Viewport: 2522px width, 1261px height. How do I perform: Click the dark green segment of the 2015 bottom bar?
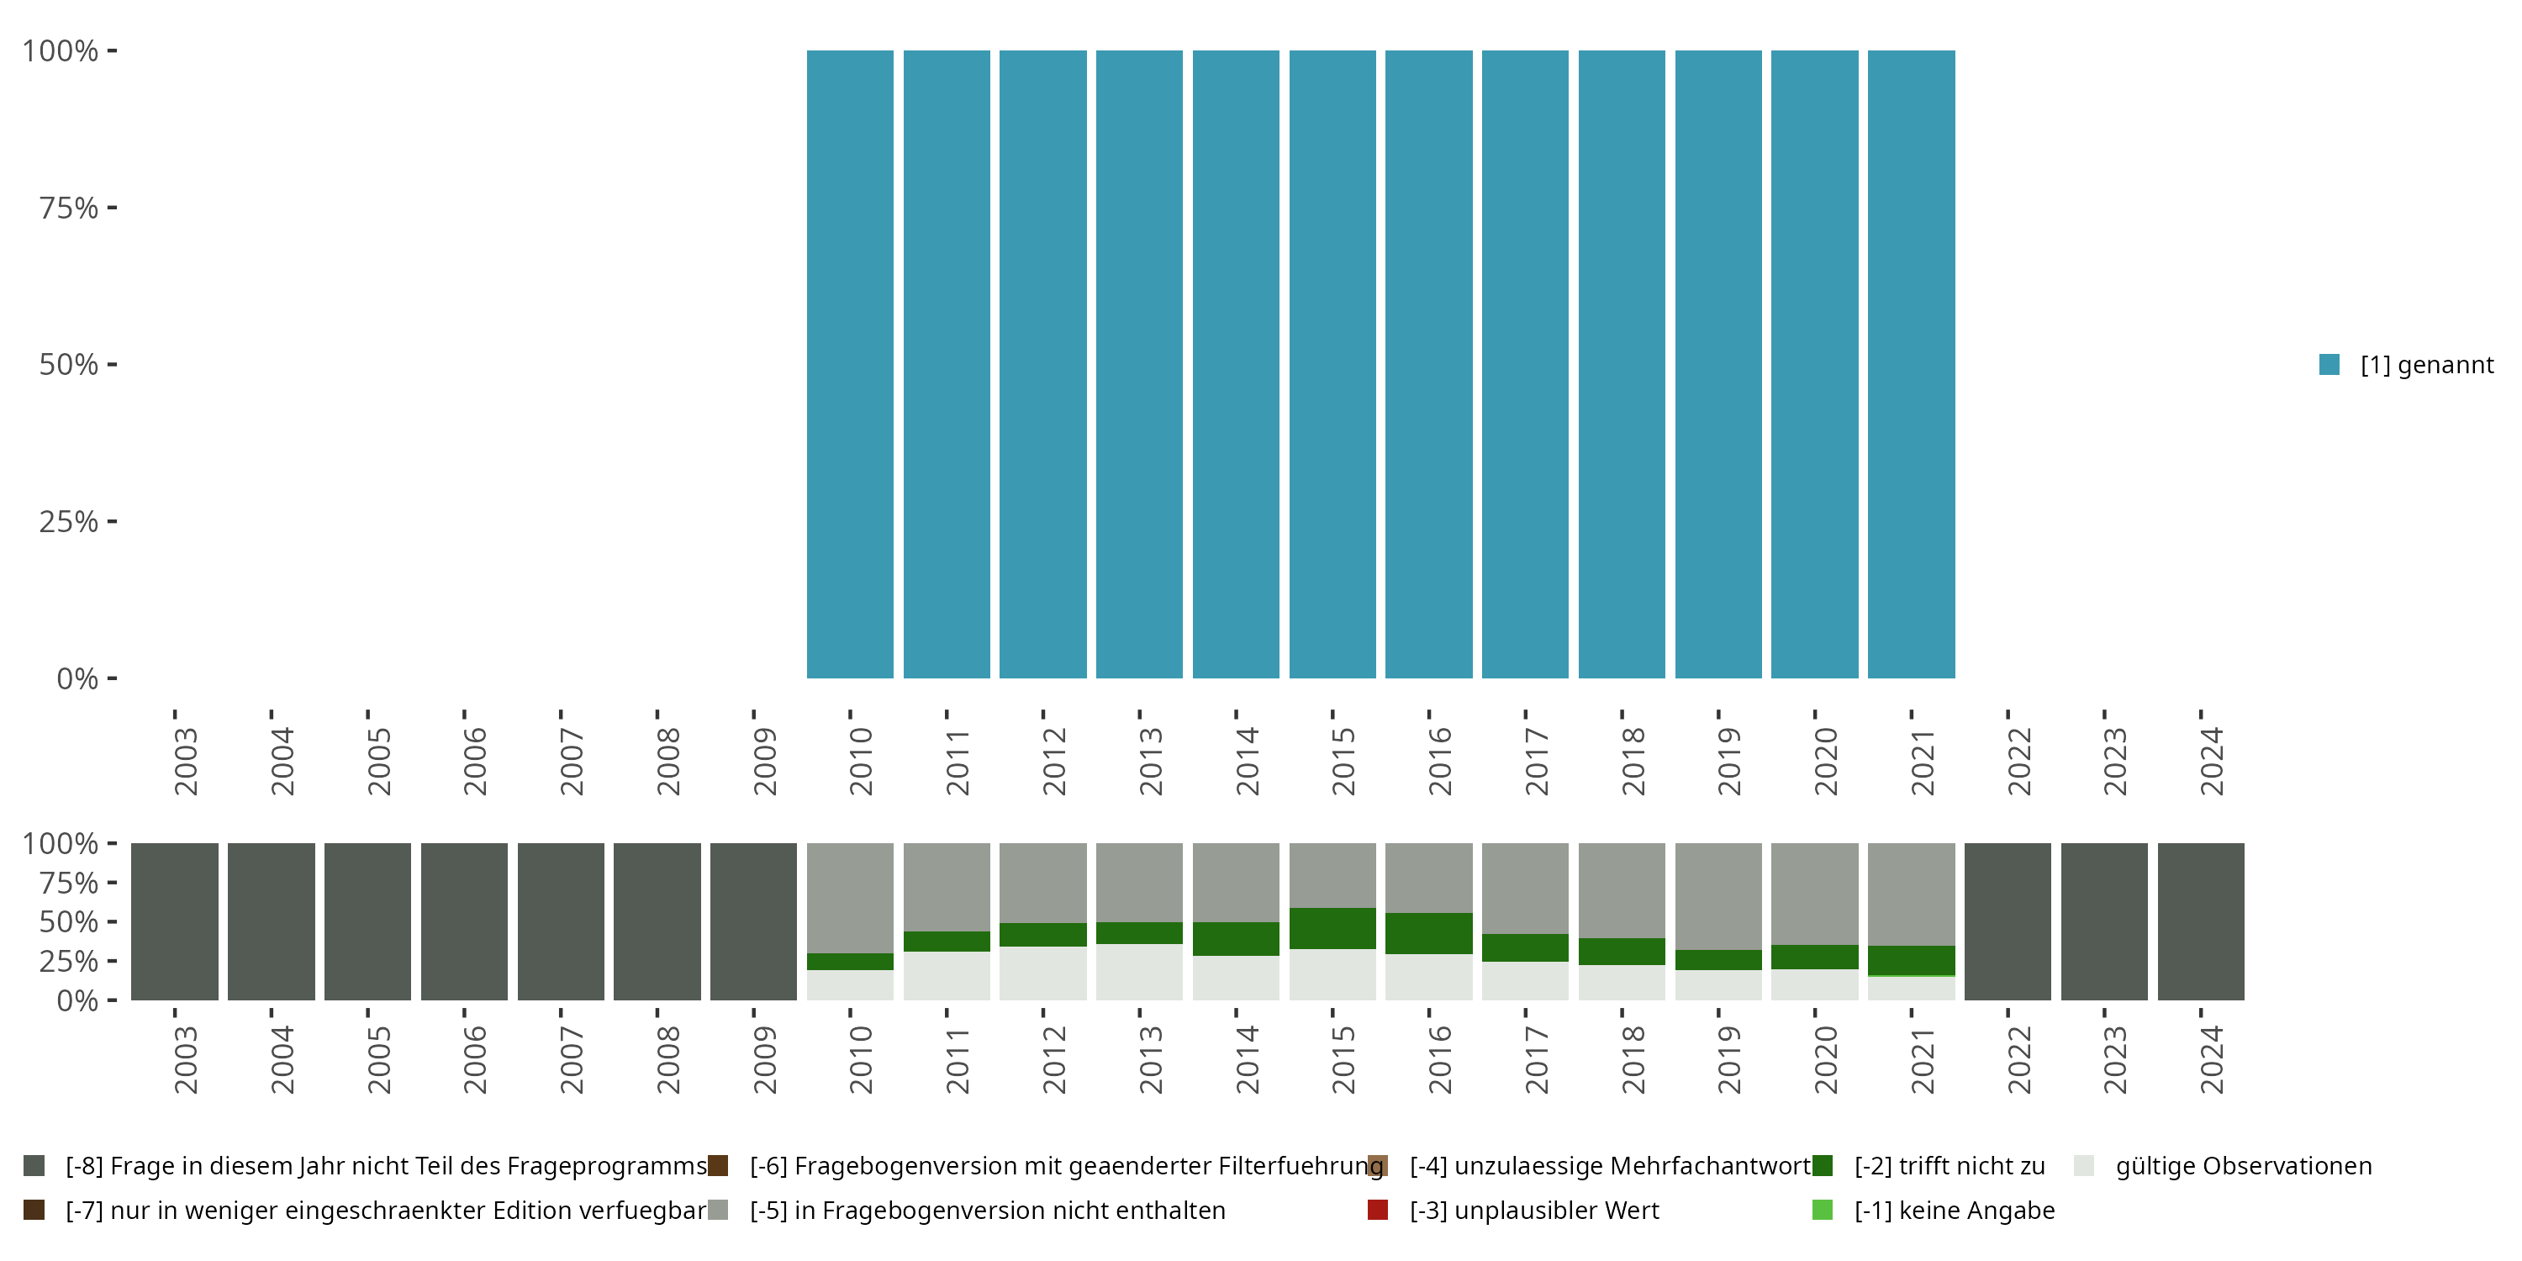(1332, 928)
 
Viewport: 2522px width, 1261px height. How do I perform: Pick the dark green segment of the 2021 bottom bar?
(1911, 959)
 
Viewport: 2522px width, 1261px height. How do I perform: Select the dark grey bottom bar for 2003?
(174, 921)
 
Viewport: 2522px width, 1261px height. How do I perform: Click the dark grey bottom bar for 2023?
(2104, 921)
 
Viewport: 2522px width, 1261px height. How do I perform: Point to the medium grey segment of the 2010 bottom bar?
(850, 897)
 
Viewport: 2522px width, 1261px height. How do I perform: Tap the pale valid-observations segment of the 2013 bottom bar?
(1140, 972)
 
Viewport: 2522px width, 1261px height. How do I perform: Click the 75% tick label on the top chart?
(69, 208)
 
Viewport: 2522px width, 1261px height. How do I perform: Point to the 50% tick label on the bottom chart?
(69, 922)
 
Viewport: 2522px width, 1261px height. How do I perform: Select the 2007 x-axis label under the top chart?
(571, 762)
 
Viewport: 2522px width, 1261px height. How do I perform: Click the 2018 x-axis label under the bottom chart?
(1633, 1060)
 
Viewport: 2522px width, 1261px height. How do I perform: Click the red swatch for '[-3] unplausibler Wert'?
(1378, 1210)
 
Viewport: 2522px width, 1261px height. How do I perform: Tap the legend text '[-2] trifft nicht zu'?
(1950, 1166)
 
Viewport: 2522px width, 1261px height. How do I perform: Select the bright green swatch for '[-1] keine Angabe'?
(1822, 1210)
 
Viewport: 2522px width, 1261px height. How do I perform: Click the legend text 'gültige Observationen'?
(2243, 1166)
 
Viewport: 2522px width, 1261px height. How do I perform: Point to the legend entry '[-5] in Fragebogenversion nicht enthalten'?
(987, 1210)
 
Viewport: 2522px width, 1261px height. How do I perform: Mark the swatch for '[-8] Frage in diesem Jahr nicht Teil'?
(34, 1166)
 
